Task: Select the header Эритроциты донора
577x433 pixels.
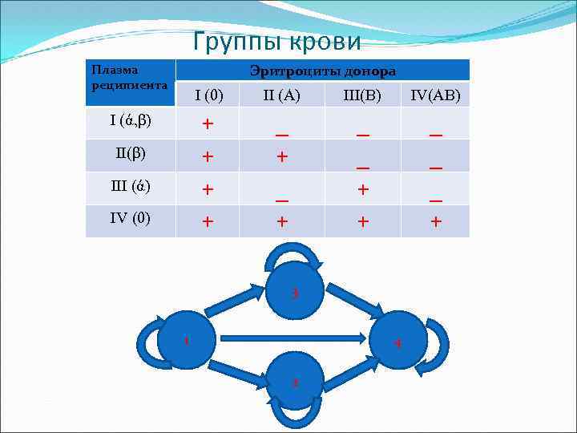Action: click(x=322, y=71)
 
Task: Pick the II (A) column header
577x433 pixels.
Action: click(x=281, y=96)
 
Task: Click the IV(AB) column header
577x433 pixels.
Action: click(x=435, y=96)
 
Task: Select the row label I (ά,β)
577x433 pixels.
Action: click(x=131, y=122)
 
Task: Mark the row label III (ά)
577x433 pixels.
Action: click(x=131, y=187)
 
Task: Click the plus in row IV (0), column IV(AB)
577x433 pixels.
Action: click(x=435, y=222)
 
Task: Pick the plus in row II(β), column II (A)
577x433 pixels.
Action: click(x=281, y=157)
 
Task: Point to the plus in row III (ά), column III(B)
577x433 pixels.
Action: click(x=363, y=189)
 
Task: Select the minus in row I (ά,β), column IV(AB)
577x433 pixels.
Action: click(x=435, y=136)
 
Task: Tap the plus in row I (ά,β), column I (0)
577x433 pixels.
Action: click(x=208, y=124)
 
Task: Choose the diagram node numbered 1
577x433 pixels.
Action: click(x=185, y=340)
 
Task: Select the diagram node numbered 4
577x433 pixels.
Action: click(x=398, y=342)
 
